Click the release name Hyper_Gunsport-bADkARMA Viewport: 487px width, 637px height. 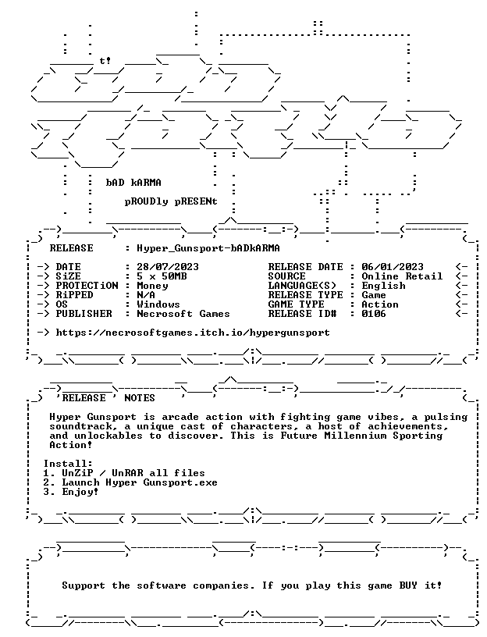(x=208, y=248)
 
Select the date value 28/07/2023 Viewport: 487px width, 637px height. (x=168, y=267)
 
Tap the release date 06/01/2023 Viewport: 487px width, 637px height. (x=393, y=267)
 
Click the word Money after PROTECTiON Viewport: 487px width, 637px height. (x=152, y=286)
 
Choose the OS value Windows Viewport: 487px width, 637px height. (x=158, y=304)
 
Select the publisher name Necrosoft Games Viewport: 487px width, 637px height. (x=183, y=314)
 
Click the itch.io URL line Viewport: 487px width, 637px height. (x=193, y=333)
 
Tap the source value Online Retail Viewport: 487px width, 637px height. (x=402, y=276)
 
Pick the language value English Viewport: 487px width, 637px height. (x=383, y=286)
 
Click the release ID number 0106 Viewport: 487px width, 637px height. (x=374, y=314)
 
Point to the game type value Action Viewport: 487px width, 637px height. (x=380, y=304)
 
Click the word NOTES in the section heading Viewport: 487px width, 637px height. (x=140, y=397)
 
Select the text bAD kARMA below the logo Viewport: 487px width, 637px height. (x=133, y=183)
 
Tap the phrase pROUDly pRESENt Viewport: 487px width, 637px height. (x=171, y=201)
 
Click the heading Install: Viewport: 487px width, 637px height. (x=68, y=464)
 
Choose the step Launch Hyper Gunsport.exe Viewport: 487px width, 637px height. (x=140, y=482)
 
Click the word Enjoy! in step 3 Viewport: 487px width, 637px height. (x=80, y=492)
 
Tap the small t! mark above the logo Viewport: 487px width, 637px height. (x=105, y=61)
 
